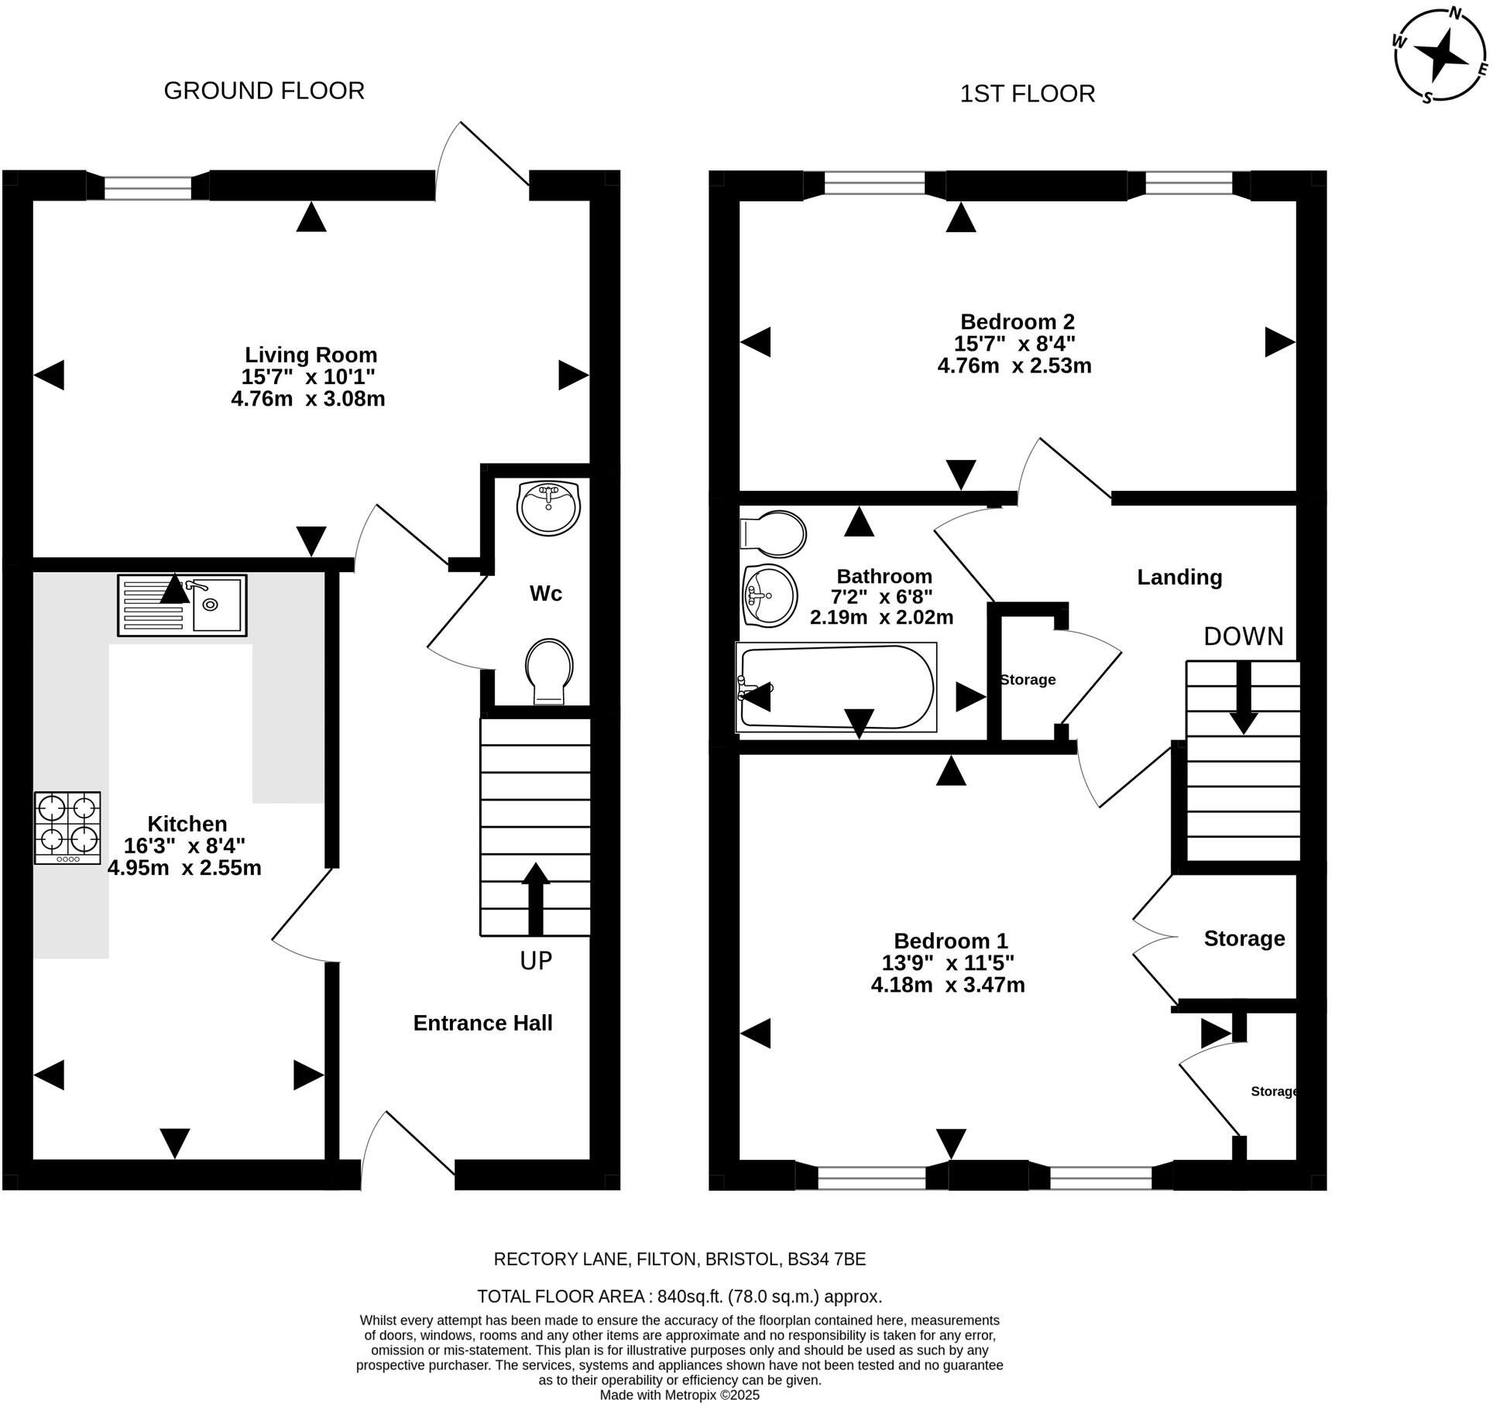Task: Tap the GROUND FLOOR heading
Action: [264, 91]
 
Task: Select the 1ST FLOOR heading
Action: [1027, 94]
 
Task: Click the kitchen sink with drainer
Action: [182, 605]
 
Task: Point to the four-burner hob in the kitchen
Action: [67, 827]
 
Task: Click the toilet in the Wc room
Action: [549, 670]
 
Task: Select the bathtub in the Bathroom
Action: [836, 687]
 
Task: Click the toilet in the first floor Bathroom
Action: [774, 533]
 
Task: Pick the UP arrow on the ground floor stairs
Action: [535, 898]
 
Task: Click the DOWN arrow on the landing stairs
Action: [1244, 697]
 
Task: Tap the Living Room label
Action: [311, 355]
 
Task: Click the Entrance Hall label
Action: [482, 1023]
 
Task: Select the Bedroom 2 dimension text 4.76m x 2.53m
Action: [1014, 365]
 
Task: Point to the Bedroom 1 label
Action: [950, 941]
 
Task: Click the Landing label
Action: [1179, 577]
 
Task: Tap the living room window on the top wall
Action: [147, 187]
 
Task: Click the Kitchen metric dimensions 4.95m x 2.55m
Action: [184, 868]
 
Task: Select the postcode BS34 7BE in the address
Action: [826, 1258]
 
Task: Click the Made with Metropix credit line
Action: [679, 1394]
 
